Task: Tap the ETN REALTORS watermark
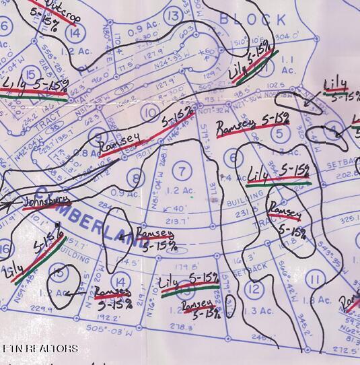click(40, 349)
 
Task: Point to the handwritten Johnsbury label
click(48, 201)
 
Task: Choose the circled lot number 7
click(180, 168)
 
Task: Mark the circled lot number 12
click(253, 288)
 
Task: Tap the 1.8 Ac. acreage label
click(315, 301)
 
